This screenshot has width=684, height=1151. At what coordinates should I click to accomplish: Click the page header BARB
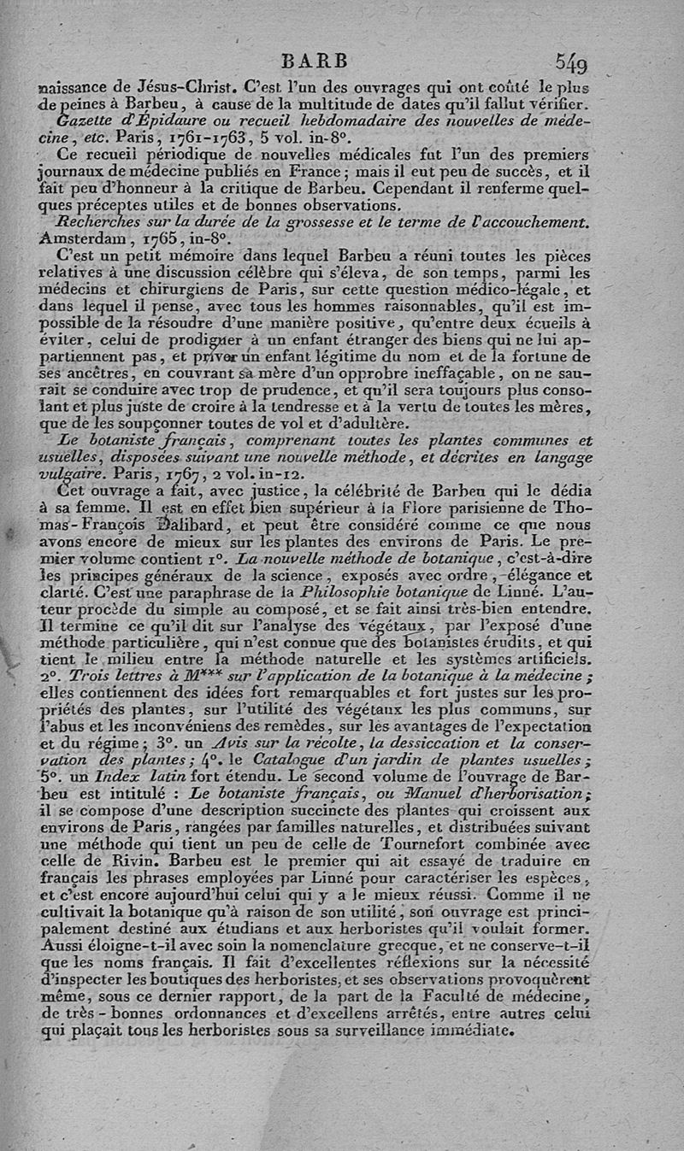point(315,61)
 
